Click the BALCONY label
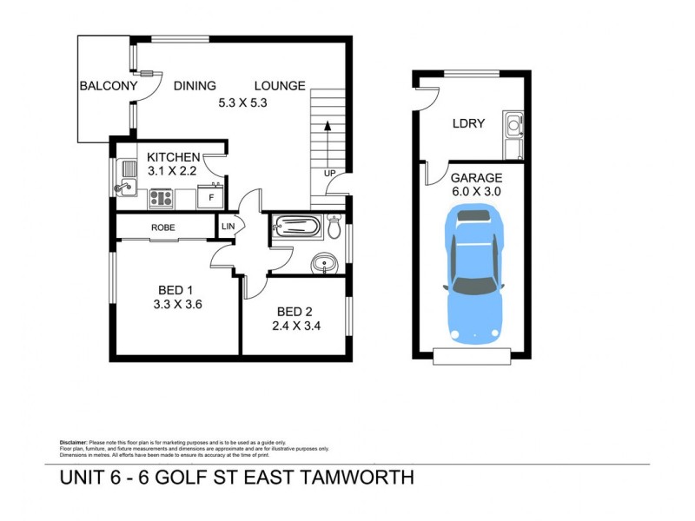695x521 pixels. tap(109, 86)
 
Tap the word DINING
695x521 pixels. tap(195, 86)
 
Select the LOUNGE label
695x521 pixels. tap(279, 86)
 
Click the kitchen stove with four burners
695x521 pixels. tap(162, 198)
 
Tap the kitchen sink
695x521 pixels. tap(125, 178)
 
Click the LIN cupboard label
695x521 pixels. tap(228, 227)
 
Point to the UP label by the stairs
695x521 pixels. tap(329, 173)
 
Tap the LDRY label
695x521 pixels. tap(468, 123)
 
